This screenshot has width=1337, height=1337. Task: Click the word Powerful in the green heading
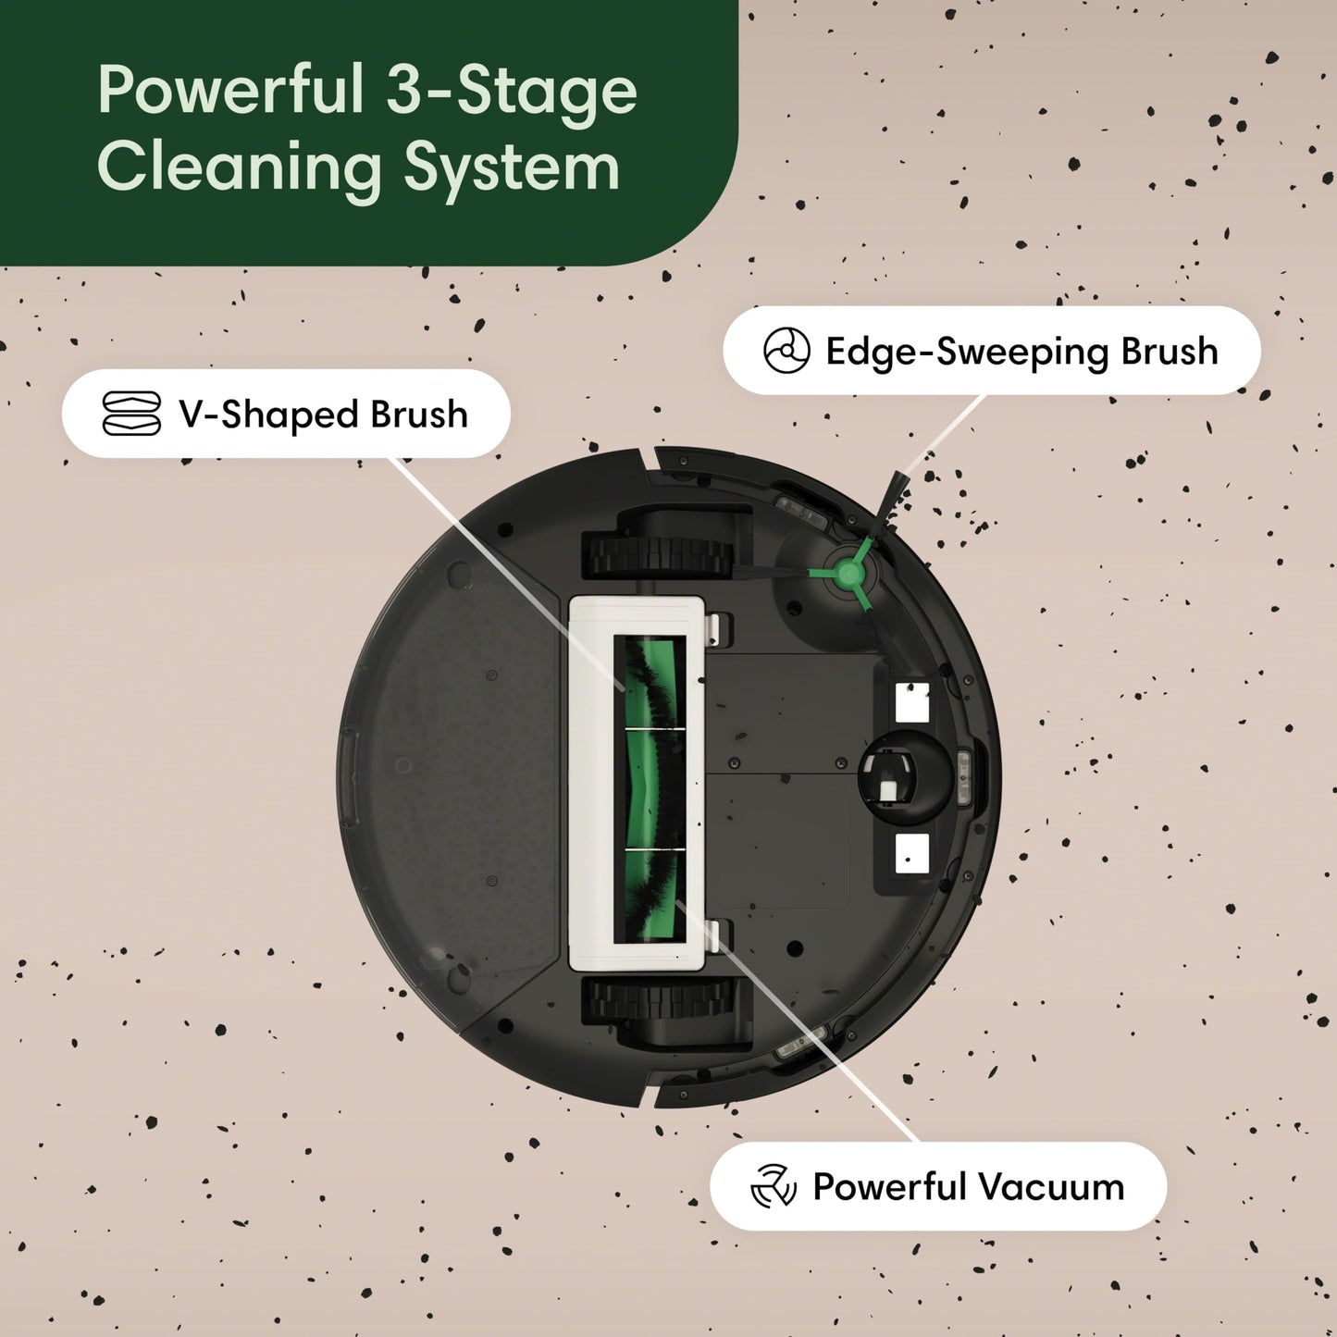[x=230, y=91]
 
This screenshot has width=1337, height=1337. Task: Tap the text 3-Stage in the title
[x=512, y=91]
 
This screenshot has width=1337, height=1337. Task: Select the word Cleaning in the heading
[x=239, y=167]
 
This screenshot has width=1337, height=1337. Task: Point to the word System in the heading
[x=512, y=169]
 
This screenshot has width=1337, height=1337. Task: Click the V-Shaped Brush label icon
[x=130, y=414]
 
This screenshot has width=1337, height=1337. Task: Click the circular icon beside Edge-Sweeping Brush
[x=786, y=351]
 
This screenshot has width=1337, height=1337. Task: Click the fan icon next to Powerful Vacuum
[x=773, y=1186]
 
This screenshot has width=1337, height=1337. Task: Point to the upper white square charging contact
[x=912, y=703]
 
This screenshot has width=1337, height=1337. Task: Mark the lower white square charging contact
[x=911, y=852]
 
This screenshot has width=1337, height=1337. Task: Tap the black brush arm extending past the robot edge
[x=895, y=499]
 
